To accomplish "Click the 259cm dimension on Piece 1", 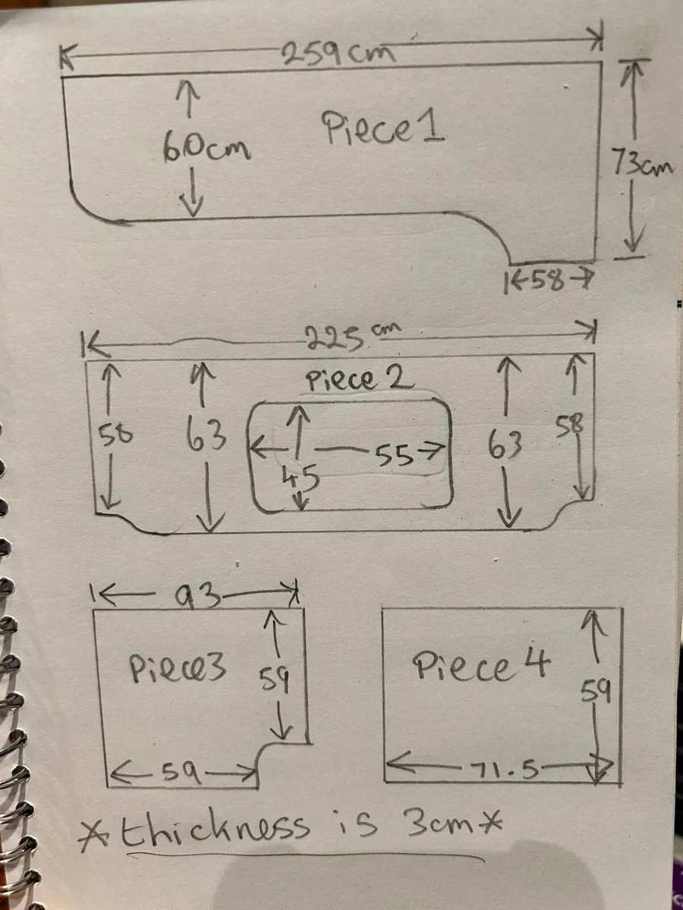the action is [338, 55].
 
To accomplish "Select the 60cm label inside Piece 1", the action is [207, 148].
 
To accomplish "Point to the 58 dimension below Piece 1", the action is [548, 281].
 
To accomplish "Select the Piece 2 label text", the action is [359, 379].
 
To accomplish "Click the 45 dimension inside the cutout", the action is [301, 477].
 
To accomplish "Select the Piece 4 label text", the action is [481, 664].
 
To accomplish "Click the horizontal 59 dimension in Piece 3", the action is [181, 773].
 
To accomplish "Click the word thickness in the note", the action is [216, 832].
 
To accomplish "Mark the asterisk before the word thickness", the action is [95, 835].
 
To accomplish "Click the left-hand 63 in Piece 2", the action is [206, 435].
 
